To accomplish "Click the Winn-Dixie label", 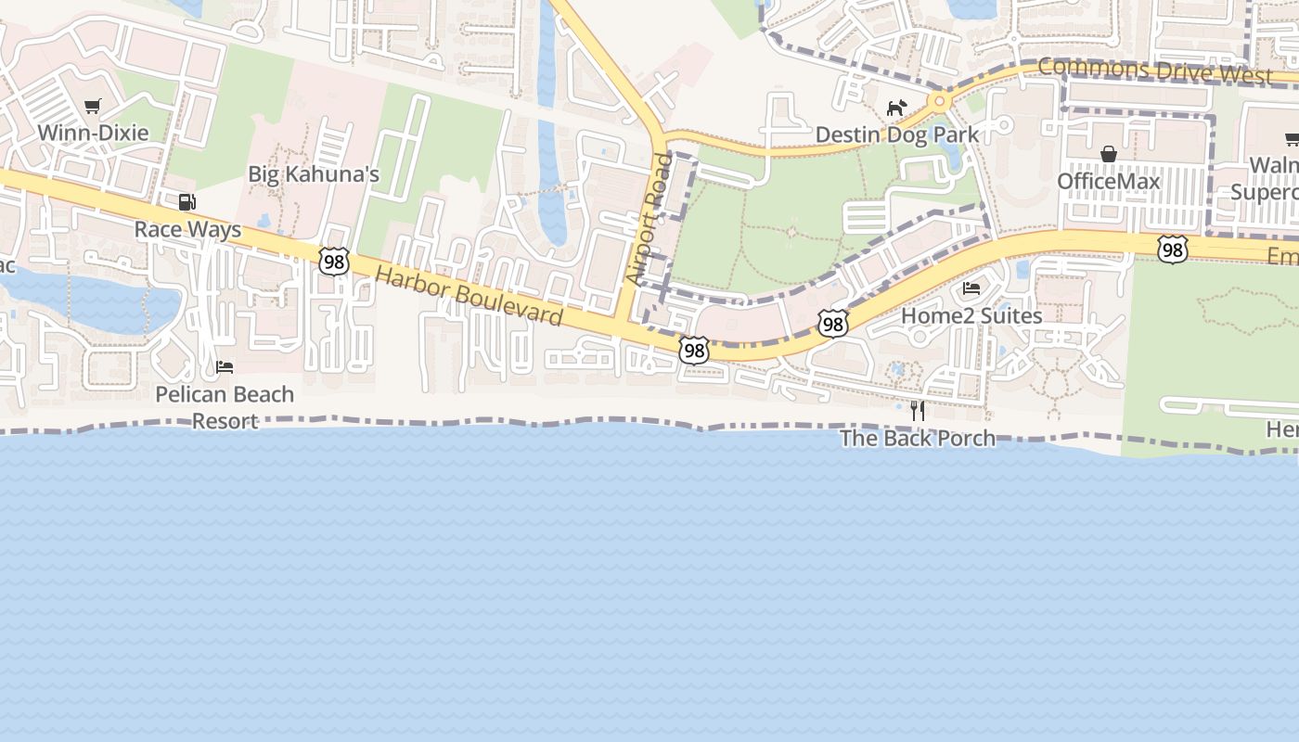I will [x=92, y=133].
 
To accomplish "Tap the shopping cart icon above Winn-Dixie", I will [x=92, y=107].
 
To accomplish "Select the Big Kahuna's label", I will [x=314, y=174].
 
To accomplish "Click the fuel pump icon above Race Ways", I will [x=186, y=201].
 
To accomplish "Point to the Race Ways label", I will [x=187, y=229].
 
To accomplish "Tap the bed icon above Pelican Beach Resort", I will [x=225, y=366].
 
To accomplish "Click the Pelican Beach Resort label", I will [x=225, y=407].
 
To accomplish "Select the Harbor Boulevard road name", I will [x=469, y=296].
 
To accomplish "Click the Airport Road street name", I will [x=649, y=219].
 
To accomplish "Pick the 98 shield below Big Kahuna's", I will [x=334, y=261].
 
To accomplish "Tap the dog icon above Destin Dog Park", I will [x=895, y=109].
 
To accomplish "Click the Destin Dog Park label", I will [x=896, y=134].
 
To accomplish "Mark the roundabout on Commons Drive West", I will [x=940, y=100].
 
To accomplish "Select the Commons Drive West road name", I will [x=1154, y=70].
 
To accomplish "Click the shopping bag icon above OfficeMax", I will [x=1108, y=154].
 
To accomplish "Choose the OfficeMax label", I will [x=1108, y=181].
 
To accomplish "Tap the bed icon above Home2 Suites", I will [x=971, y=288].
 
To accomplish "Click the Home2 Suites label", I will [x=971, y=315].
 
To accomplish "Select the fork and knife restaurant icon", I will [x=918, y=411].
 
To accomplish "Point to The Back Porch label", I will [x=918, y=438].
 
